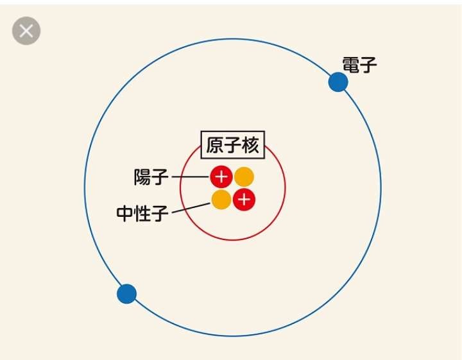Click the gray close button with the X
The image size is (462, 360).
[26, 31]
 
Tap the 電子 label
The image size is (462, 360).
[359, 65]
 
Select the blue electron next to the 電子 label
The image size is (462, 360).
[338, 81]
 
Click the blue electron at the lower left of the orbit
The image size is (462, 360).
[126, 294]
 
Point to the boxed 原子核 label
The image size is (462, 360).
[233, 145]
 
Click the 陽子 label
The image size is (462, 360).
[151, 177]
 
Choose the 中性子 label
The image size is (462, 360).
[142, 213]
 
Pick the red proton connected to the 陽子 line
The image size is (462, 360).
[221, 176]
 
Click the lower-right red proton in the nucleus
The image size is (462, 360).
[244, 200]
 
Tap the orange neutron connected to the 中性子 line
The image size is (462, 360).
[221, 200]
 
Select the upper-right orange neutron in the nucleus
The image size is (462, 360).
[244, 176]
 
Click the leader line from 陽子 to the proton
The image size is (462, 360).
[191, 176]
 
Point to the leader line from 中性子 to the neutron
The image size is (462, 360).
[191, 208]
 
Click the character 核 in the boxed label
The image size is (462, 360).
[250, 145]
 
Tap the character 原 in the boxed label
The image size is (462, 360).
[215, 145]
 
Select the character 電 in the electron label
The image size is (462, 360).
[351, 65]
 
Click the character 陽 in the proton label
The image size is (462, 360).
[142, 177]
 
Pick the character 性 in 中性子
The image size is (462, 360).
[142, 213]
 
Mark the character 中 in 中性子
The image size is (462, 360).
[125, 213]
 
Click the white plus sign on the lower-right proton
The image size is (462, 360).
[244, 200]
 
